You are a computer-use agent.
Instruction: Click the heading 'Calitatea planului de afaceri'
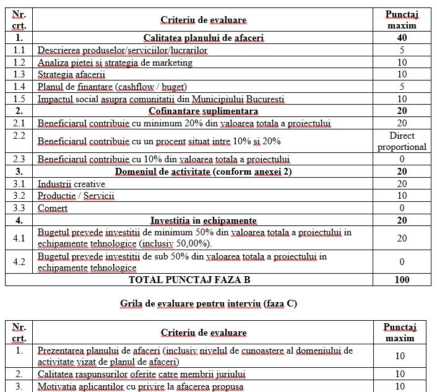click(204, 38)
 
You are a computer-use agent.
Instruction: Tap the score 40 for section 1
click(402, 38)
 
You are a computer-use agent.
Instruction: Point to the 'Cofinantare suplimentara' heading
click(204, 111)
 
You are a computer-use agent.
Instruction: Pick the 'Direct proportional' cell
click(402, 141)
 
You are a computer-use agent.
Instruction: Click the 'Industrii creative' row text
click(71, 184)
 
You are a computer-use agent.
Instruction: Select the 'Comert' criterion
click(53, 208)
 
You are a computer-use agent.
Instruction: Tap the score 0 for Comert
click(402, 208)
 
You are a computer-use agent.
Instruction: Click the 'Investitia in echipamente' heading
click(204, 220)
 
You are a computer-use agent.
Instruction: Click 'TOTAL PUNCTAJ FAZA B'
click(189, 280)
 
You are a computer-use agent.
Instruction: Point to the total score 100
click(402, 280)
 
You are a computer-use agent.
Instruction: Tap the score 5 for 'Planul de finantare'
click(402, 87)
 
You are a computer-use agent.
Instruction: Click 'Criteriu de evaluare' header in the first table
click(204, 20)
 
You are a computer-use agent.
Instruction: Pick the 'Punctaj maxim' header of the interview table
click(400, 332)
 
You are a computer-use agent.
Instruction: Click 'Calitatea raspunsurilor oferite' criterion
click(142, 374)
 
